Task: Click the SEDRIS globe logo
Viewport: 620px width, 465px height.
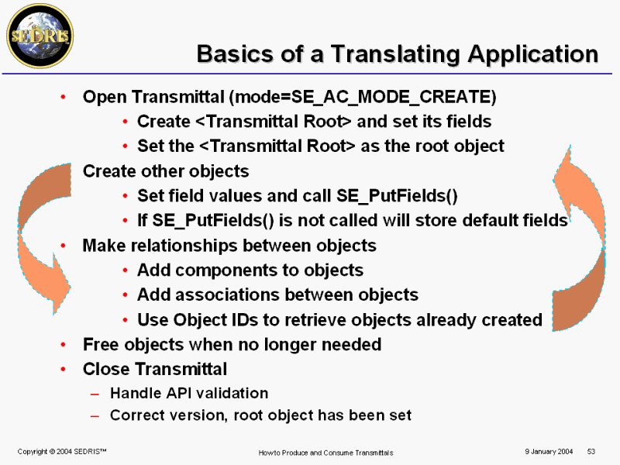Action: pos(40,36)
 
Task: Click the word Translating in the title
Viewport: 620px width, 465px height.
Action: pos(396,53)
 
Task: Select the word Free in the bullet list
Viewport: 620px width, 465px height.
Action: pos(101,344)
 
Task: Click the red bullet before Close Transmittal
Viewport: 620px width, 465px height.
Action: pos(64,370)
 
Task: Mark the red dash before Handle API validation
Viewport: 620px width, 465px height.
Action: pos(95,394)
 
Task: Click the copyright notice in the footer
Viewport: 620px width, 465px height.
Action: pos(62,452)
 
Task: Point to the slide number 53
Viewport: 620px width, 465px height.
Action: pos(591,452)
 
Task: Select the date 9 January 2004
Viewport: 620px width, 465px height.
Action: pos(549,452)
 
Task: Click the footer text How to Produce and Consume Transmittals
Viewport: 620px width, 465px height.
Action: pos(325,453)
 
